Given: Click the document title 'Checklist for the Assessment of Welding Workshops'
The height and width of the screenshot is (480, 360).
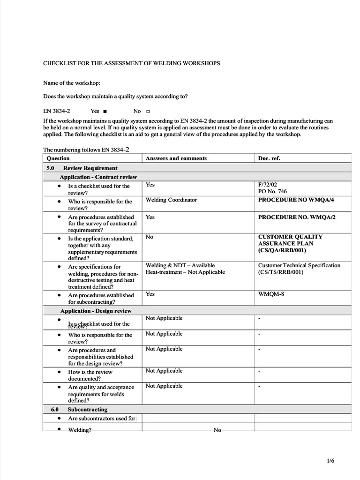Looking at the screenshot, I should [x=131, y=63].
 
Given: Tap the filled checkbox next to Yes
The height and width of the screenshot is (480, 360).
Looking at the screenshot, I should [x=105, y=112].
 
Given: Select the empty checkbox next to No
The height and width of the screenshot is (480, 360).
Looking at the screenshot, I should [x=148, y=112].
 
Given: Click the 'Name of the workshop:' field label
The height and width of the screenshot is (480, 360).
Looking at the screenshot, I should [x=72, y=83].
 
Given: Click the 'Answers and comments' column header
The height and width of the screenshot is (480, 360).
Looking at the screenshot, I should [x=176, y=158].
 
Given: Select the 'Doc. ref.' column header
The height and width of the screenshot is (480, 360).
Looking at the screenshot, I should [x=269, y=158].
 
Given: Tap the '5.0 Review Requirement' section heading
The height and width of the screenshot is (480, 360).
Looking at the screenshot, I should [x=82, y=168].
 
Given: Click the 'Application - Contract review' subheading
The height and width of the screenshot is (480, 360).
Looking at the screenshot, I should [x=98, y=177].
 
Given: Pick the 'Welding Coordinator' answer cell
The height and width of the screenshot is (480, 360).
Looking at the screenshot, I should [x=171, y=200].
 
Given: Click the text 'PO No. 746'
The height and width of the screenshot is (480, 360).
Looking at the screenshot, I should [x=272, y=191].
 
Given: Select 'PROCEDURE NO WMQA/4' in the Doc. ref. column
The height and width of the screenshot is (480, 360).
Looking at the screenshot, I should [x=296, y=200].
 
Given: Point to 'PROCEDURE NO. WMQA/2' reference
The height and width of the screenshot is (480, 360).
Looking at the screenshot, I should [x=297, y=217].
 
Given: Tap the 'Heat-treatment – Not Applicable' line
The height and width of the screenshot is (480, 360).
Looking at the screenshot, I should [x=185, y=272].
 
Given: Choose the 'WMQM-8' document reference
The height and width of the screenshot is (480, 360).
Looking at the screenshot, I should [x=271, y=294].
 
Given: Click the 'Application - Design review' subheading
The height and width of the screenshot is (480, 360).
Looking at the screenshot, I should [x=96, y=311].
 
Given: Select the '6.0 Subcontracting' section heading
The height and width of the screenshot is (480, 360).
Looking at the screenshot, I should [x=79, y=409].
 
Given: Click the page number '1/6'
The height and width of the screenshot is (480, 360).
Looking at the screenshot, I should [x=330, y=461].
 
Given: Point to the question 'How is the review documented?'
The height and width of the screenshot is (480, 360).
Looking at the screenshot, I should [x=90, y=375].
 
